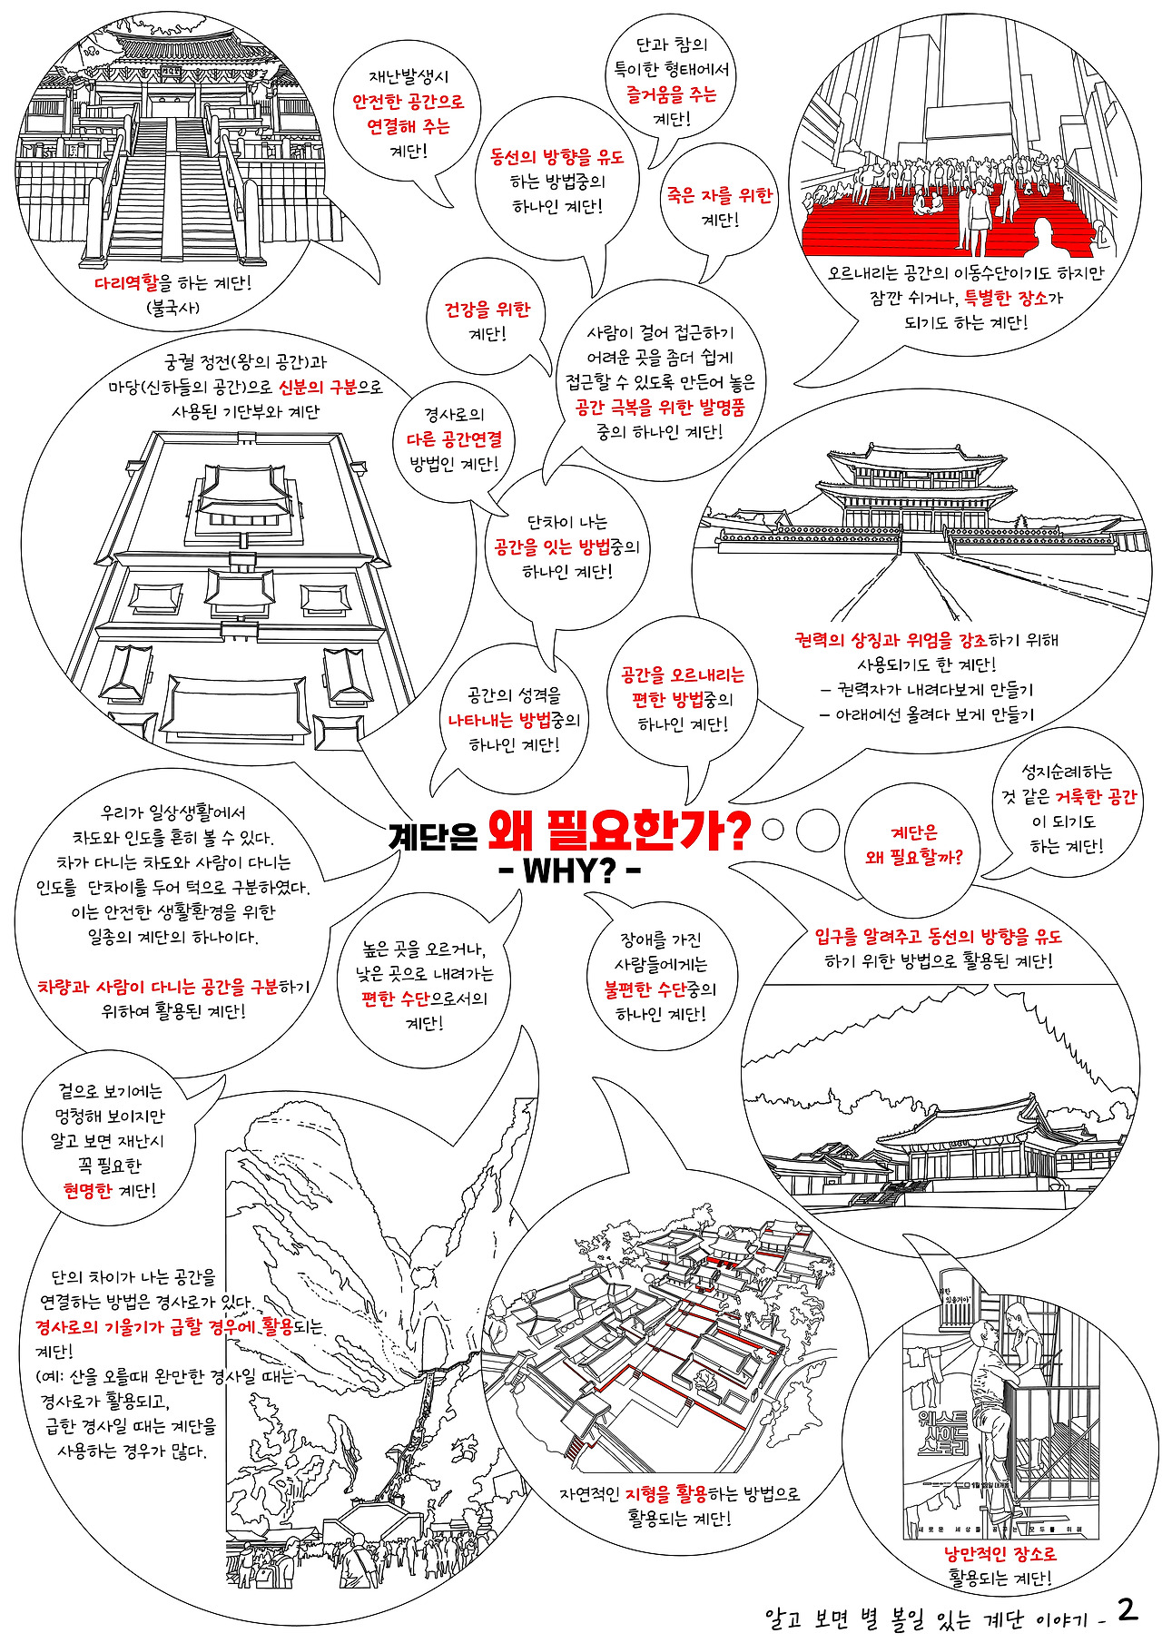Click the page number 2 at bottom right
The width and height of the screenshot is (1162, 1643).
pos(1127,1609)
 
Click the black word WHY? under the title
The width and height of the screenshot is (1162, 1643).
pos(570,871)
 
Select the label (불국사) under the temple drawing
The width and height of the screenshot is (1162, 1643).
pos(172,308)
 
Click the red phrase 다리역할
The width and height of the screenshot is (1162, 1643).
pos(126,283)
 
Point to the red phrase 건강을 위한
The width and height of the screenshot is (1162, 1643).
pos(487,310)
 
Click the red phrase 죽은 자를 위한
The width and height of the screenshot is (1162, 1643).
pos(719,195)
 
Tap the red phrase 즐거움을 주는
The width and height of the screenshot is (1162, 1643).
pos(671,94)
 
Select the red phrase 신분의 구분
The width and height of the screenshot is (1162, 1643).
pos(317,387)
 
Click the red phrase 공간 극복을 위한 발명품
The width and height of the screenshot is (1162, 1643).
pos(660,408)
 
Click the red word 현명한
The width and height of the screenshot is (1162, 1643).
pos(87,1190)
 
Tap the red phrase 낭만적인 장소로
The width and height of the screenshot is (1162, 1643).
pos(1000,1553)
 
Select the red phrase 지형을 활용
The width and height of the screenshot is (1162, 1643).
pos(665,1493)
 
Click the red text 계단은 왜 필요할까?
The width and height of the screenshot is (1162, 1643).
pos(914,844)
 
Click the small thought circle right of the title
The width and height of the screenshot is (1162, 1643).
pos(773,828)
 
